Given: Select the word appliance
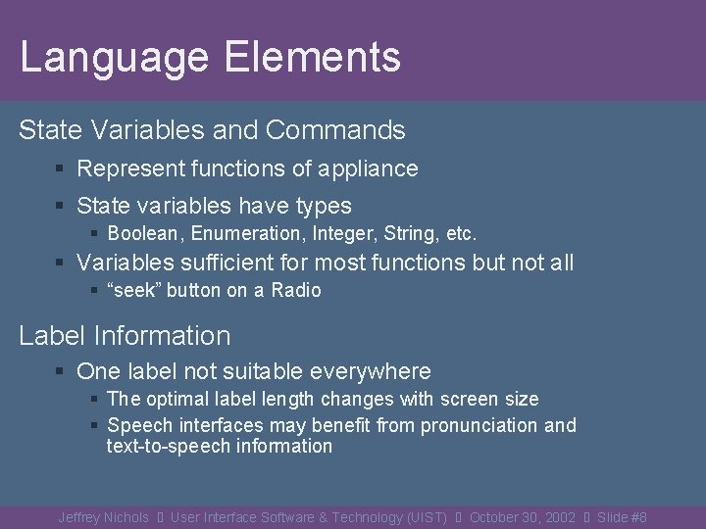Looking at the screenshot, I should point(367,168).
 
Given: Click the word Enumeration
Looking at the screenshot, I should point(249,234).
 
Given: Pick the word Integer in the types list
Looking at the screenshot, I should point(347,234).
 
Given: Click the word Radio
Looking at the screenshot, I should point(296,290).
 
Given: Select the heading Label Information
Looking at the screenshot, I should point(125,335).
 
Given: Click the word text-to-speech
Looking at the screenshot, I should point(171,446).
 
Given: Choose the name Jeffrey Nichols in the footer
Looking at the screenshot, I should point(103,517).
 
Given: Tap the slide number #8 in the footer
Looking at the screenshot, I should point(637,517).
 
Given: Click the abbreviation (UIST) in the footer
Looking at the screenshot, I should point(426,517).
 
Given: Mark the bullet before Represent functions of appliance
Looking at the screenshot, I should point(61,169).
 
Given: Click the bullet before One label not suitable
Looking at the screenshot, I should point(61,372).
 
